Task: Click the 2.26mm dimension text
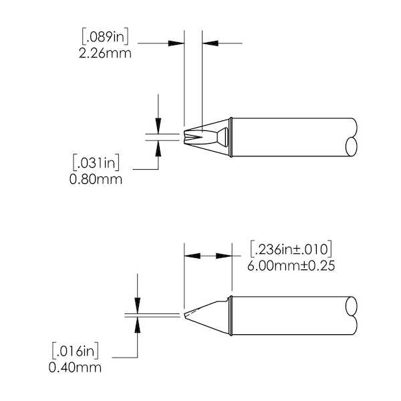pos(105,53)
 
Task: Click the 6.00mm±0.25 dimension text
pos(291,265)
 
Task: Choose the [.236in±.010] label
pos(291,249)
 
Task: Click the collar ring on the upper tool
pos(230,138)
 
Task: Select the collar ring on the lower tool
pos(230,316)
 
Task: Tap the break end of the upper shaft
pos(353,138)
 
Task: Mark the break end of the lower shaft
pos(353,316)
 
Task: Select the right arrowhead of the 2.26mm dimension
pos(209,43)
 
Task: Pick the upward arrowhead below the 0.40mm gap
pos(138,323)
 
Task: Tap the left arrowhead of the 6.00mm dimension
pos(191,256)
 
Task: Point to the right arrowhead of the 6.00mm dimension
pos(223,256)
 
